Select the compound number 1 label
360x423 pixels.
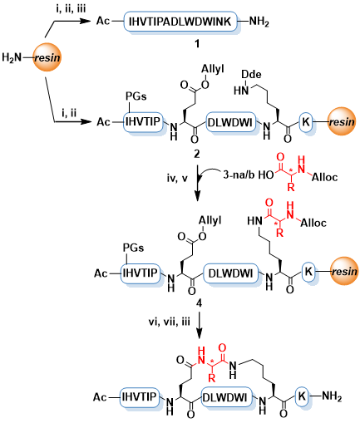point(197,43)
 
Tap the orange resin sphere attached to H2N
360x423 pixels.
point(47,57)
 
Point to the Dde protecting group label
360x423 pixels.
point(251,74)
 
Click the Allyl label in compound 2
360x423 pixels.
point(213,69)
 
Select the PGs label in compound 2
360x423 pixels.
point(136,96)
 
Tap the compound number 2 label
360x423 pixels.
point(196,154)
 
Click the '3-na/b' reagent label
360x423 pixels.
point(239,175)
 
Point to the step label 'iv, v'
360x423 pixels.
point(178,178)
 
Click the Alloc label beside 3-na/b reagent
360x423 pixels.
point(325,177)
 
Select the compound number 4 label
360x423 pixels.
point(199,303)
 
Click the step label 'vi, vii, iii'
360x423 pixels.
point(170,322)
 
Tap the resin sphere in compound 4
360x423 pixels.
point(344,271)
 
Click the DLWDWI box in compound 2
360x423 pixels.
point(231,122)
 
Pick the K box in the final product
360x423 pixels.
point(302,396)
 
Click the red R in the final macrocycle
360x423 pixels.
point(211,378)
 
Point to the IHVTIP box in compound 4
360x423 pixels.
point(140,273)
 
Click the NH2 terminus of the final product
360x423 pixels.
point(332,397)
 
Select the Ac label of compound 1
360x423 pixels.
point(103,21)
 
